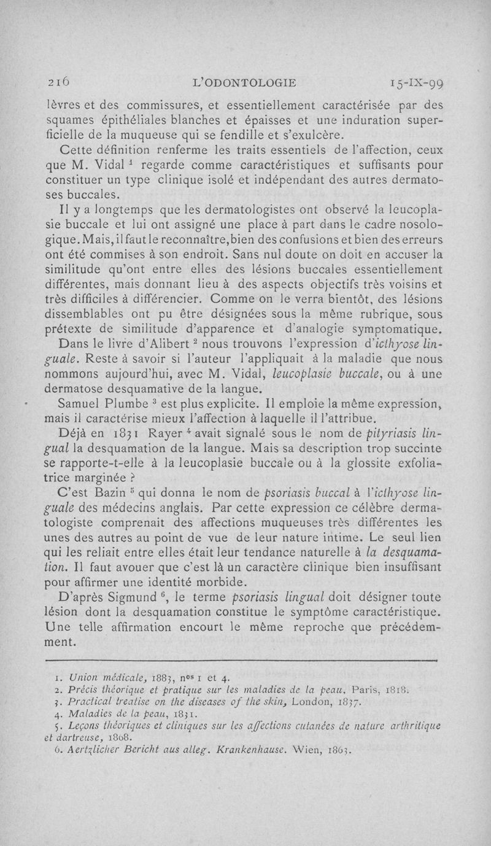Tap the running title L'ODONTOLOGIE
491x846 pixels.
click(x=245, y=81)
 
